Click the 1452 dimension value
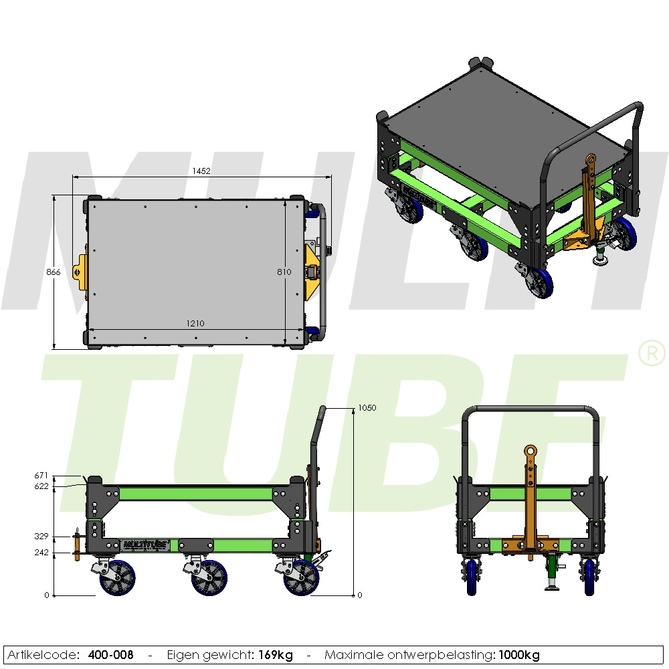point(201,171)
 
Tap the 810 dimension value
point(284,272)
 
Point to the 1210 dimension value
point(195,324)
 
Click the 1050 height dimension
point(367,407)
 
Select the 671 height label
point(41,476)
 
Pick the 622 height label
point(41,486)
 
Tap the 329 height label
point(41,537)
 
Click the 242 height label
point(41,552)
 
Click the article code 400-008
point(110,655)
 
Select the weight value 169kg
point(276,655)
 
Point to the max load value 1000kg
point(518,655)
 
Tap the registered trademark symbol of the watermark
point(653,354)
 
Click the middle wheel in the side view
point(209,577)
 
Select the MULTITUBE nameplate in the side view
point(147,544)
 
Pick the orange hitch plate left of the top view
point(82,272)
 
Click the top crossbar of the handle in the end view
point(531,408)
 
